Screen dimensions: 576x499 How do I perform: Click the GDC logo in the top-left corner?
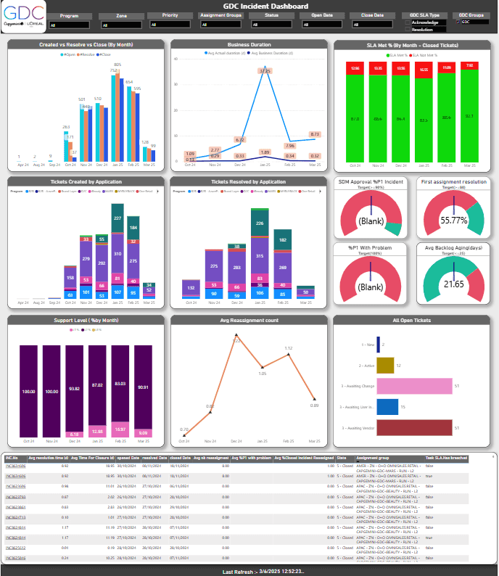click(23, 15)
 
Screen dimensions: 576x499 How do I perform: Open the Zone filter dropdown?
click(120, 24)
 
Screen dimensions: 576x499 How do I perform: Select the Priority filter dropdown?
click(170, 24)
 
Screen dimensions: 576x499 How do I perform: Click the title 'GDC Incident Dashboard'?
click(249, 6)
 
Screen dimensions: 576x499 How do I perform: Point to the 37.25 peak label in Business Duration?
click(265, 71)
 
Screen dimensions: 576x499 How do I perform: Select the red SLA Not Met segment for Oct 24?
click(355, 69)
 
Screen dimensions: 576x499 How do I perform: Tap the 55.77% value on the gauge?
click(453, 219)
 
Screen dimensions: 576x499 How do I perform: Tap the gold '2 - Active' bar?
click(385, 365)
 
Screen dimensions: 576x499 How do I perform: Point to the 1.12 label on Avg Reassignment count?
click(289, 348)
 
